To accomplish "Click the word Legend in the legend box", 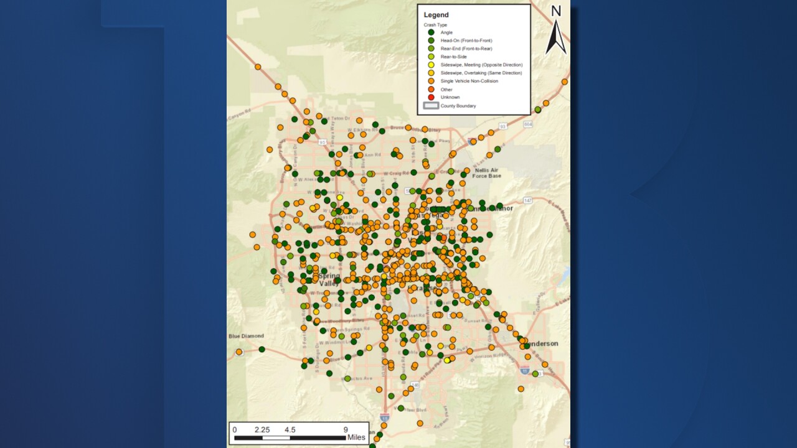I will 436,15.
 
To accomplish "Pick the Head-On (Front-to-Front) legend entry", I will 466,40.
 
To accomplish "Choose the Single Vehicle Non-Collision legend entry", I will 469,81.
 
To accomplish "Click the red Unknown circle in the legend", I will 430,98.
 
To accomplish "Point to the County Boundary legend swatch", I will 430,106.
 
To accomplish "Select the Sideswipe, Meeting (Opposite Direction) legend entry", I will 481,65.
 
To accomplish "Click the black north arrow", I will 555,37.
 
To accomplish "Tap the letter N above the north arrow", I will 556,11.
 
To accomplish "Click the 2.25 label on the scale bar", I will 262,430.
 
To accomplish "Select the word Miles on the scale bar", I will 356,437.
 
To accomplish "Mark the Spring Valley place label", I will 329,279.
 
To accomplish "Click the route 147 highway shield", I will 527,200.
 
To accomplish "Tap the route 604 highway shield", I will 528,124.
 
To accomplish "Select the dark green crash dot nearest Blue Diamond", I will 262,350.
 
